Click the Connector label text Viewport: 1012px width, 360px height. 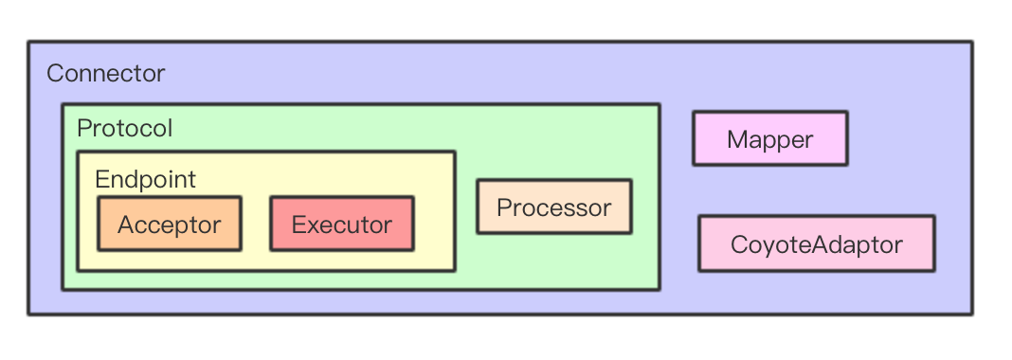pos(106,74)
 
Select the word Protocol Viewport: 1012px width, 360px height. pos(124,129)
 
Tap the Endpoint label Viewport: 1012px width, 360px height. pos(145,180)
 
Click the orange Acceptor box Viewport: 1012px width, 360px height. pos(169,224)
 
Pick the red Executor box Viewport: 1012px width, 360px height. pos(342,224)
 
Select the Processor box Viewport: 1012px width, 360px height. pos(554,207)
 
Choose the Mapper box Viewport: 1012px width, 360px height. pos(770,138)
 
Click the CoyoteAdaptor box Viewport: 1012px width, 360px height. pos(817,243)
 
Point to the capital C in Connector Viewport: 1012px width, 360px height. pos(55,74)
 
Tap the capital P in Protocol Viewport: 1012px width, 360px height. pos(83,129)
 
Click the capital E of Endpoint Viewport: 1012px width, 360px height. pos(101,180)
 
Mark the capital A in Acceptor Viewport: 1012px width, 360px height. pos(127,225)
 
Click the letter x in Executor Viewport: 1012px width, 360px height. pos(314,226)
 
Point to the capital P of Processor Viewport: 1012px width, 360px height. pos(504,207)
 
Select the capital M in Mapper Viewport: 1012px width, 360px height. pos(737,139)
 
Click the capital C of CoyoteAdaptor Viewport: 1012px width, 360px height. pos(740,244)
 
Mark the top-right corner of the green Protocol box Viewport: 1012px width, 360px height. pos(659,104)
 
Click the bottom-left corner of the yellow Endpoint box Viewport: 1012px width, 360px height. pos(78,270)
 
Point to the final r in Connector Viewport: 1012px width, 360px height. pos(161,76)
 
